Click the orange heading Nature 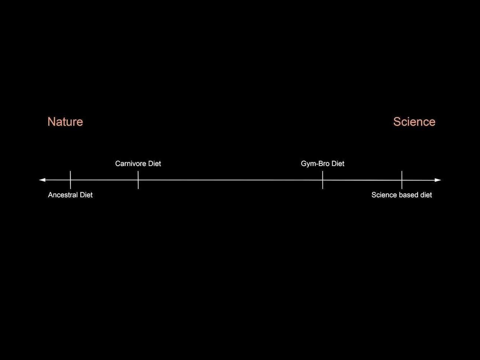pyautogui.click(x=65, y=122)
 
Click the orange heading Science pyautogui.click(x=414, y=122)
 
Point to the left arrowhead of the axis pyautogui.click(x=42, y=180)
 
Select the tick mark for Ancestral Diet pyautogui.click(x=70, y=180)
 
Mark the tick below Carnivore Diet pyautogui.click(x=138, y=180)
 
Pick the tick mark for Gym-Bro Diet pyautogui.click(x=322, y=180)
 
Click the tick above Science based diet pyautogui.click(x=402, y=180)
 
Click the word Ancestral pyautogui.click(x=63, y=195)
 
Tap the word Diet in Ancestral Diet pyautogui.click(x=86, y=195)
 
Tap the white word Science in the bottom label pyautogui.click(x=384, y=195)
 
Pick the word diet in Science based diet pyautogui.click(x=426, y=195)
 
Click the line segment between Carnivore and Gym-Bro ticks pyautogui.click(x=230, y=180)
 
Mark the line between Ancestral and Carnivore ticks pyautogui.click(x=104, y=180)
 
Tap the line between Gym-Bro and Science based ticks pyautogui.click(x=362, y=180)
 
